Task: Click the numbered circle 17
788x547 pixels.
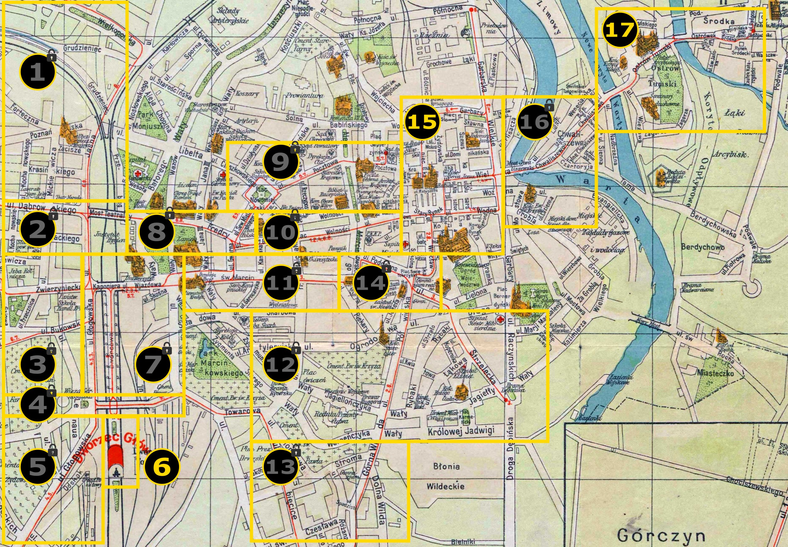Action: coord(620,30)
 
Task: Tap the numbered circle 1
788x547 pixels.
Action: coord(38,72)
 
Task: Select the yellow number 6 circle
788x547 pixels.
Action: coord(162,467)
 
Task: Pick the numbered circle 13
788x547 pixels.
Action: coord(281,467)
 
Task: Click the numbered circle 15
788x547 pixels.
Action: coord(422,122)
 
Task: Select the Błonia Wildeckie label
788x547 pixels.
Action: coord(445,476)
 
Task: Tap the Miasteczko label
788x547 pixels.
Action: coord(716,373)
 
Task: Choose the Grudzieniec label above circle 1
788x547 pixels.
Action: coord(82,48)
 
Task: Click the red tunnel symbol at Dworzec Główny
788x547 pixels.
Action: coord(115,459)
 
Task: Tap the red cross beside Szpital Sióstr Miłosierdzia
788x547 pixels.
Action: coord(501,320)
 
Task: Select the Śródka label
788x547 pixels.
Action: coord(719,21)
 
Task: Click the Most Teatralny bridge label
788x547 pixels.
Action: coord(106,214)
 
